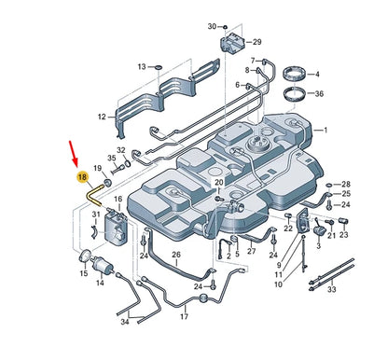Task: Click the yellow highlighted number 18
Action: [x=82, y=177]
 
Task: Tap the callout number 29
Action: [x=256, y=42]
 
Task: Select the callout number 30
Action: [x=212, y=25]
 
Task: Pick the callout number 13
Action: [x=142, y=67]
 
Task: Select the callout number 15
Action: [x=84, y=274]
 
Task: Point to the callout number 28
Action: [x=346, y=184]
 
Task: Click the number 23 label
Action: [x=343, y=236]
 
